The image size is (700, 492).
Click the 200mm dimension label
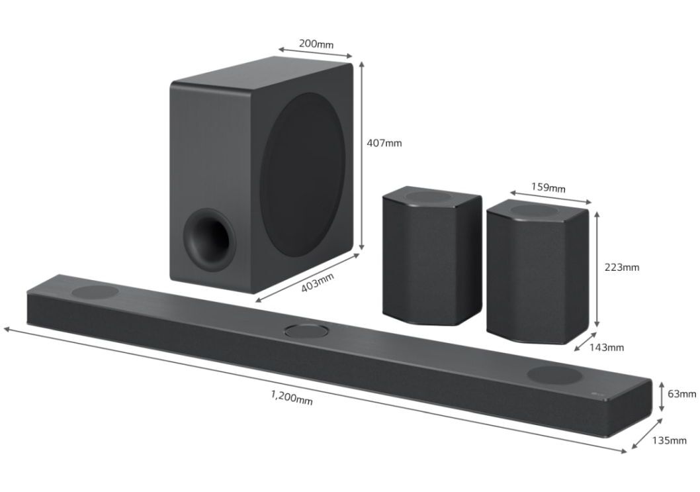(x=316, y=44)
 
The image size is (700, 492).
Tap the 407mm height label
(x=384, y=142)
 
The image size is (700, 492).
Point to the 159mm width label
(x=548, y=187)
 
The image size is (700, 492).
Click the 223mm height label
(x=622, y=268)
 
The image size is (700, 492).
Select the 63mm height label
(x=681, y=394)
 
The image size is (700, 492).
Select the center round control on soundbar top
(x=306, y=329)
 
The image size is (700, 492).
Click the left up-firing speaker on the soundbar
(x=95, y=292)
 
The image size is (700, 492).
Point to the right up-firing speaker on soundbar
(x=554, y=375)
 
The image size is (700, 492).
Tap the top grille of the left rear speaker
(x=431, y=196)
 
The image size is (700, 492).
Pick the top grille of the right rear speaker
(x=536, y=211)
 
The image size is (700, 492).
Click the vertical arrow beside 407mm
(x=362, y=156)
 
